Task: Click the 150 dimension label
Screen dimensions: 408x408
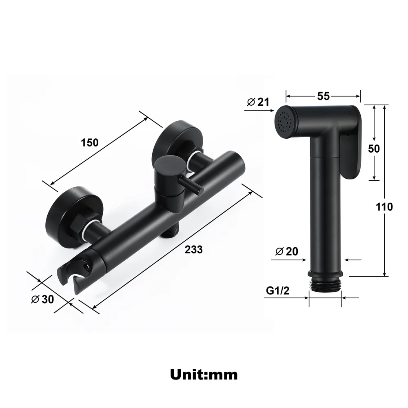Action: click(90, 142)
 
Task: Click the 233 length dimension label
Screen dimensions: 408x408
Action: click(193, 249)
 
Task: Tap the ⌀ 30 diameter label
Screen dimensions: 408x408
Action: click(42, 299)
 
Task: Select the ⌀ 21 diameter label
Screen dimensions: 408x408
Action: click(258, 102)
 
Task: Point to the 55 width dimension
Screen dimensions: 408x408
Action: click(323, 96)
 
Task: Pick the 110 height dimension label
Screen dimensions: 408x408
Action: click(384, 207)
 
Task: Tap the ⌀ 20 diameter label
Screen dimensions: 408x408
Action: click(287, 251)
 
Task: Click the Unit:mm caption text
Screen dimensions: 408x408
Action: click(204, 373)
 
